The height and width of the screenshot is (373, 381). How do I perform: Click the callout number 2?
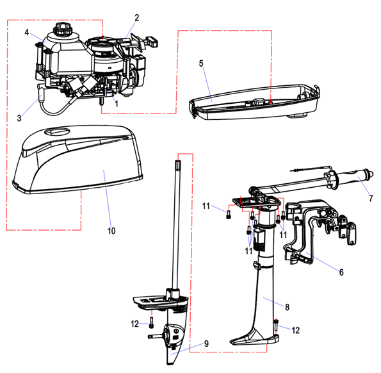137,18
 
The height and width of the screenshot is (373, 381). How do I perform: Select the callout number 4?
27,32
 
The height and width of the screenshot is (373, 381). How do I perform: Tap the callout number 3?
19,118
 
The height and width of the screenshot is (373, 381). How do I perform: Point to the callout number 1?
117,104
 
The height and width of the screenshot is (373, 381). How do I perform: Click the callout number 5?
201,63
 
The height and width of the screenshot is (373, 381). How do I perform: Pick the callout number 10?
111,231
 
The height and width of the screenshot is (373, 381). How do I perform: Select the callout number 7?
371,199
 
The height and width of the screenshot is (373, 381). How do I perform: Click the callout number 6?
341,272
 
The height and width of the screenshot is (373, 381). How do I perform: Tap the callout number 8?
288,307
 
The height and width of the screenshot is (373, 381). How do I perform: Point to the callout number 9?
206,344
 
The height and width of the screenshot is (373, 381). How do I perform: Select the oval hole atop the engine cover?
58,131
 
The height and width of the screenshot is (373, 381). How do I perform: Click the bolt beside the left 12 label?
152,323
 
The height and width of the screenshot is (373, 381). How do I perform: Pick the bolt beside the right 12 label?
277,325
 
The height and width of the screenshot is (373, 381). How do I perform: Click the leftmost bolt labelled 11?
228,215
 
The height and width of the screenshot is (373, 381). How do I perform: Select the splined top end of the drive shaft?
178,165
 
